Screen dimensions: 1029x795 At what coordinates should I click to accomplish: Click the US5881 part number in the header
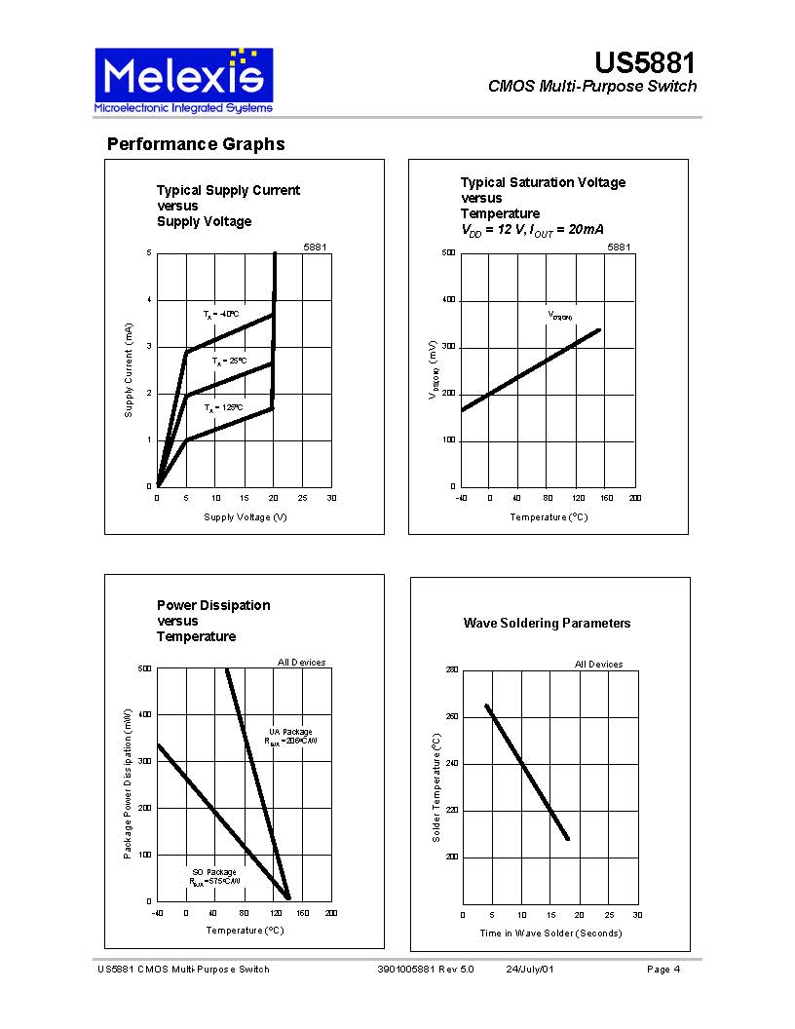tap(645, 64)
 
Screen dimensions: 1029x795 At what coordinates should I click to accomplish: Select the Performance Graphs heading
tap(196, 144)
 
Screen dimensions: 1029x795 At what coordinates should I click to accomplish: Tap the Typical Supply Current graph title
tap(228, 206)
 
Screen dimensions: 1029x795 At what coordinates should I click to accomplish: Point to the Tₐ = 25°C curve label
tap(230, 362)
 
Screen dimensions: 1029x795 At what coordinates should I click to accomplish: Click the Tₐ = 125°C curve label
tap(223, 408)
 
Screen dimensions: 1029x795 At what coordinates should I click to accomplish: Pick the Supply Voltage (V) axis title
tap(245, 516)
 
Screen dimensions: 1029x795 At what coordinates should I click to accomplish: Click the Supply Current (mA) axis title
tap(128, 371)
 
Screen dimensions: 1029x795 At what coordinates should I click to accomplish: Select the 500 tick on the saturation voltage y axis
tap(449, 253)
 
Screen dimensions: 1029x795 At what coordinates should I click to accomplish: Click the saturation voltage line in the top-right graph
tap(531, 370)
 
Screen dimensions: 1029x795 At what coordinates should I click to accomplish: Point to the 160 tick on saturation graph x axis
tap(606, 498)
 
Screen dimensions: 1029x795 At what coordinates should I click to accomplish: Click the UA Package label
tap(290, 732)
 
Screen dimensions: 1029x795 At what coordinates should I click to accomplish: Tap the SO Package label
tap(214, 872)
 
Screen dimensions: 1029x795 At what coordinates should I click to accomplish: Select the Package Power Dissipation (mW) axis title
tap(128, 783)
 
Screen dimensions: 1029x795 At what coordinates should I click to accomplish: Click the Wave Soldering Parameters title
tap(547, 624)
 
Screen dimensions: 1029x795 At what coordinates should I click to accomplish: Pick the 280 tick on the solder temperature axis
tap(451, 670)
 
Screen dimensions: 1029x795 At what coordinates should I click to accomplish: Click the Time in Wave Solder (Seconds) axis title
tap(550, 934)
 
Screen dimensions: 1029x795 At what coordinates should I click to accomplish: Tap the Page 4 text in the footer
tap(663, 970)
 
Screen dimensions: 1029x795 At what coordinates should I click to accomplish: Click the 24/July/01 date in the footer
tap(530, 970)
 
